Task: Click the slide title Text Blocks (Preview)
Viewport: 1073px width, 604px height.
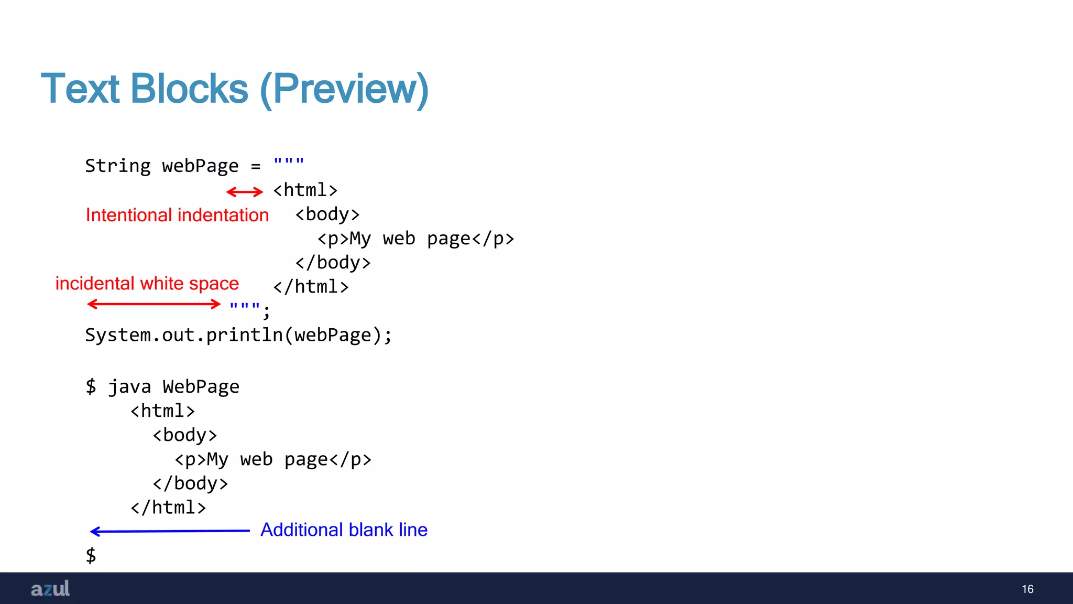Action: tap(235, 89)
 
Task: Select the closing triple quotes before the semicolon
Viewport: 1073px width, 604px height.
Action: tap(245, 307)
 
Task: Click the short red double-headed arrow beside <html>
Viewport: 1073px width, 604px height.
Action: tap(245, 192)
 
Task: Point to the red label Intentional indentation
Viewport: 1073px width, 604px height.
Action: tap(177, 215)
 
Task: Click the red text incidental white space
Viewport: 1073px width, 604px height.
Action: tap(147, 284)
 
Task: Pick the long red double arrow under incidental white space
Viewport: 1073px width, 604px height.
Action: tap(154, 304)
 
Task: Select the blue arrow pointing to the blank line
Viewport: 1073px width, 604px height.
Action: tap(170, 531)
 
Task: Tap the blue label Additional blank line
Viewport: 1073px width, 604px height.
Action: tap(344, 530)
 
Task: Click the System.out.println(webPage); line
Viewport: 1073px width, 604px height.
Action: tap(238, 335)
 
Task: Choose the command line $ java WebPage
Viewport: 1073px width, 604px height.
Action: tap(162, 387)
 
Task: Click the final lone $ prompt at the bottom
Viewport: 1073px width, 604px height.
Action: tap(91, 555)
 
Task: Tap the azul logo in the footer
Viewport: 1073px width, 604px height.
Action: tap(50, 589)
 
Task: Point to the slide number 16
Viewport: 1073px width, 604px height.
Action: tap(1027, 589)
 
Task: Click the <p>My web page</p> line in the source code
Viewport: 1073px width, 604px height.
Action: tap(416, 239)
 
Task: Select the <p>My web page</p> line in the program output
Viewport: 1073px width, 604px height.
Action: tap(273, 460)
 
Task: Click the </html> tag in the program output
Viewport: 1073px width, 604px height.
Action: tap(168, 508)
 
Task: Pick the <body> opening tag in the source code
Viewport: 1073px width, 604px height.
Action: tap(327, 214)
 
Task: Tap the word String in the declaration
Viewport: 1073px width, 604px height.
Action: tap(118, 166)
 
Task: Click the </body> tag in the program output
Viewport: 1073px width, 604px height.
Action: tap(190, 483)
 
